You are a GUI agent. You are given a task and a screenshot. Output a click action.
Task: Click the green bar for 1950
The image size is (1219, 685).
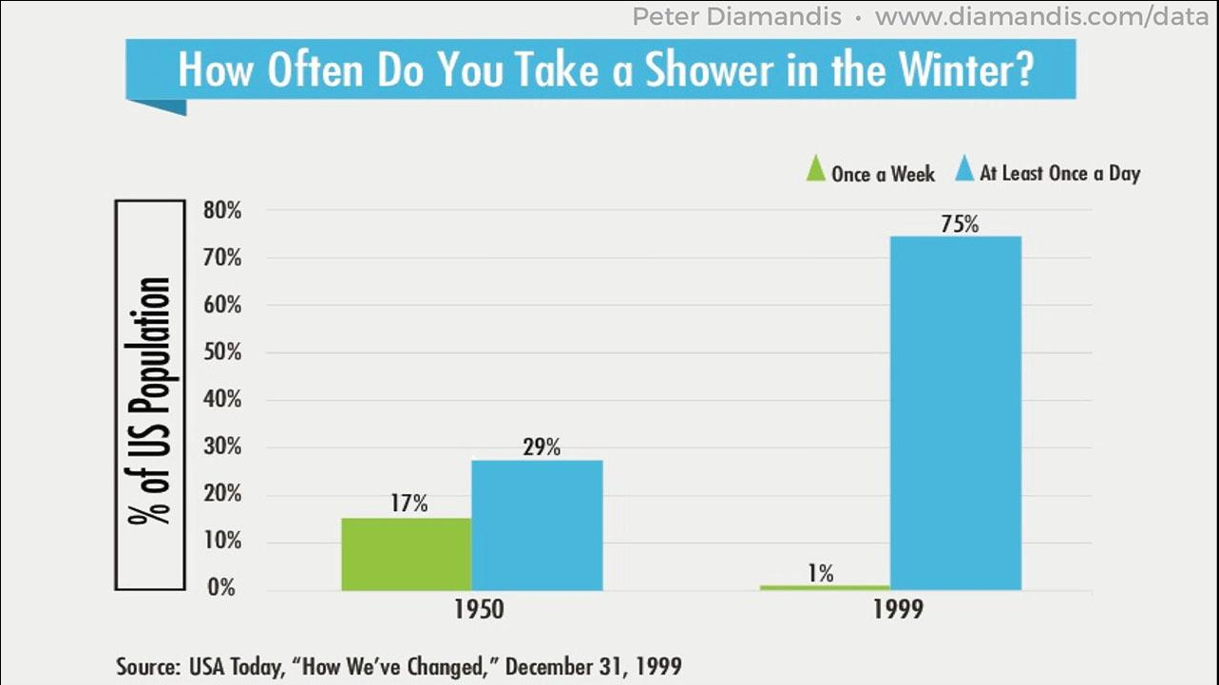407,554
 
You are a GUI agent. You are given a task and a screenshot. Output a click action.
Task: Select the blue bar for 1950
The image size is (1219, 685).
537,524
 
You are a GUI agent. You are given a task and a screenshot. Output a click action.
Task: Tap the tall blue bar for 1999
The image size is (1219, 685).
956,412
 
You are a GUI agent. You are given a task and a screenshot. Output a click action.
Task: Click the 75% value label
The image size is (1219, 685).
959,224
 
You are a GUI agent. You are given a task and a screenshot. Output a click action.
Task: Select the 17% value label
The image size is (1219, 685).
409,504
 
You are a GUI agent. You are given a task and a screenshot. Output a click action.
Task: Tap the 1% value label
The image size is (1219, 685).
821,573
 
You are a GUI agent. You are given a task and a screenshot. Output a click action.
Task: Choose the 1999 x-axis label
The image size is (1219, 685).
897,610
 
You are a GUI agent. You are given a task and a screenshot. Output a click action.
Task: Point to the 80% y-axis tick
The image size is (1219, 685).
221,211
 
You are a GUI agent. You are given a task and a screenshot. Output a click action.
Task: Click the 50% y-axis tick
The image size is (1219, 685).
221,352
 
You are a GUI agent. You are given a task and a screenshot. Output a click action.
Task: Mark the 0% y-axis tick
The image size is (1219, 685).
221,589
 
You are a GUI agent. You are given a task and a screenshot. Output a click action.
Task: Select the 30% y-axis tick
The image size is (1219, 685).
221,447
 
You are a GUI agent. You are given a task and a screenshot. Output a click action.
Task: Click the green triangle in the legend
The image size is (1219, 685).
815,171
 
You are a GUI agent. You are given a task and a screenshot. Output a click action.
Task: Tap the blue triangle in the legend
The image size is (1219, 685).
963,171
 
